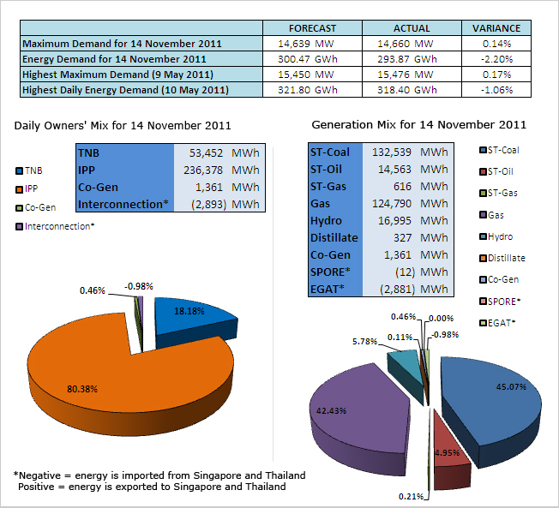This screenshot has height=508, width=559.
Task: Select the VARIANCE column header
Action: click(497, 28)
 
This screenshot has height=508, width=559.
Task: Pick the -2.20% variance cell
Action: click(497, 59)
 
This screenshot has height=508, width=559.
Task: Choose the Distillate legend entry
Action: click(507, 258)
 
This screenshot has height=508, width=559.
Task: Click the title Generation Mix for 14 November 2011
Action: click(418, 125)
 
